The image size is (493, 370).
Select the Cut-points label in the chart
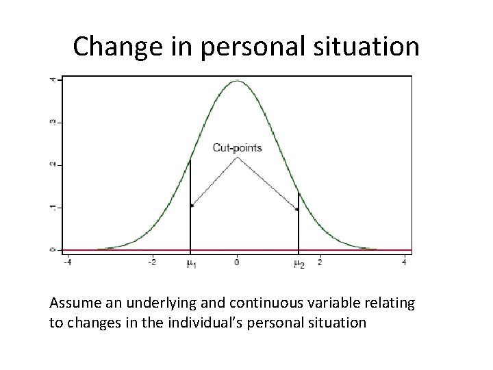point(237,147)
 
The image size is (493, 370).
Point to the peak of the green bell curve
point(237,81)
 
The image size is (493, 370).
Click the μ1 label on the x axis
point(191,263)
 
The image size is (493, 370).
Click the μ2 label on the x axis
point(299,263)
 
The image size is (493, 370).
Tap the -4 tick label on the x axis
point(67,262)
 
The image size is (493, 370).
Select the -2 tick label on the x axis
point(152,262)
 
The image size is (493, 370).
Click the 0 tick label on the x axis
point(237,262)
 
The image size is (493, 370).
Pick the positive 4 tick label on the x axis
point(404,262)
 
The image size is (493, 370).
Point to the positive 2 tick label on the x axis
point(320,262)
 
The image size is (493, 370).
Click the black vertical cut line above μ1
point(190,206)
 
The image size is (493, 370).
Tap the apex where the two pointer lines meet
point(237,158)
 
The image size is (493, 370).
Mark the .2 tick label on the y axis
point(53,165)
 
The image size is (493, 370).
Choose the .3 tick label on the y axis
point(53,123)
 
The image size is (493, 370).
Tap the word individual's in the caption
point(202,321)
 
